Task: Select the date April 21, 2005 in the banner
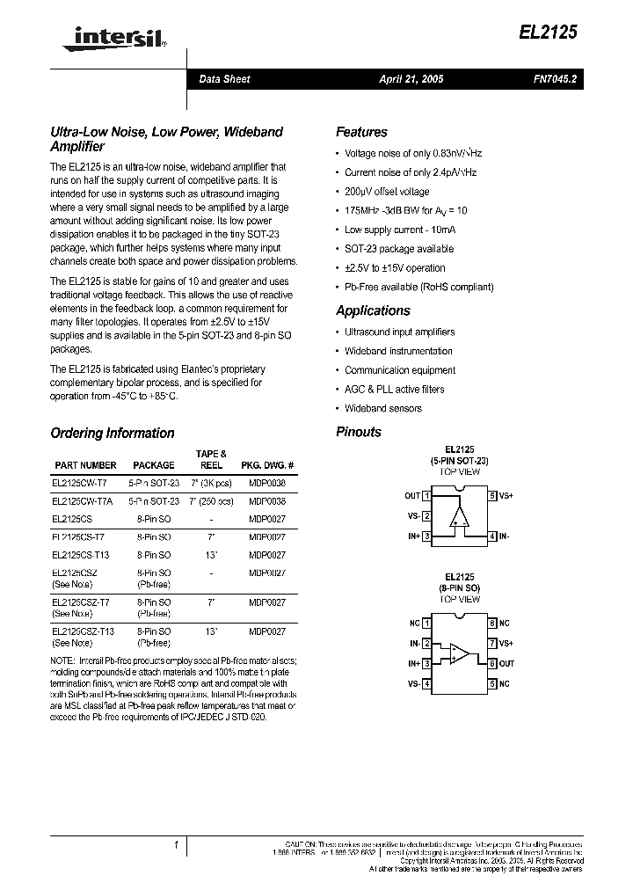[411, 79]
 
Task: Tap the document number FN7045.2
[555, 79]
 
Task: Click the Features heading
[361, 132]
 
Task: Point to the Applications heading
[373, 310]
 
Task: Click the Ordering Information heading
[113, 433]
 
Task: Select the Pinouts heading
[359, 432]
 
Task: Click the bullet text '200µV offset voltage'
[387, 192]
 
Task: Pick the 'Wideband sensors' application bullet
[383, 408]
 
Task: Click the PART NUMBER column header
[85, 465]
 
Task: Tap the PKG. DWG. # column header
[267, 465]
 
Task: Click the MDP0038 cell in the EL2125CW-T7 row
[267, 483]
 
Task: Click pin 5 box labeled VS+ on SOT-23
[493, 496]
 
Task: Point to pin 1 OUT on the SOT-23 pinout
[426, 496]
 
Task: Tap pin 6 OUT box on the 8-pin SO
[493, 663]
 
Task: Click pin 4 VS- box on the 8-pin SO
[426, 683]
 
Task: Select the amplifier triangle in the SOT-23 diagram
[458, 517]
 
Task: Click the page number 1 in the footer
[176, 845]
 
